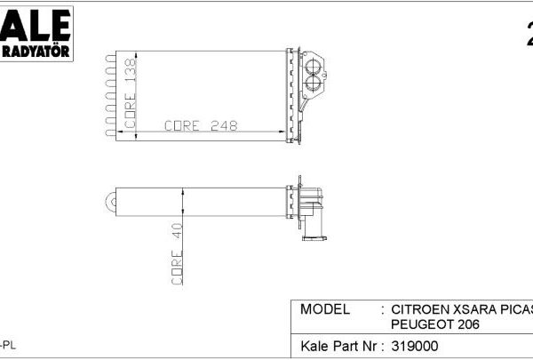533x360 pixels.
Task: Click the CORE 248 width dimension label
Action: (x=201, y=126)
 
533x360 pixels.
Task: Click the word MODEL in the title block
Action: (x=326, y=309)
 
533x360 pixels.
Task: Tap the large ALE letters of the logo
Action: (x=36, y=25)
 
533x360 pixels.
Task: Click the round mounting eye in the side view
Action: (x=111, y=201)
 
